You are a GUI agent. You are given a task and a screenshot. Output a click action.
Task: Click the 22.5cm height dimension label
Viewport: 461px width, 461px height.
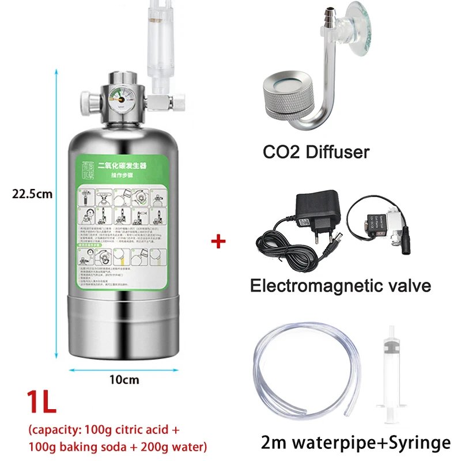point(32,194)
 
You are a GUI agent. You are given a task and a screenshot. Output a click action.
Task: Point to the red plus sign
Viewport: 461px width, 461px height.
point(218,240)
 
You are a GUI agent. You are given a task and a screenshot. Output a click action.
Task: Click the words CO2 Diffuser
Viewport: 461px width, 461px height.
point(316,152)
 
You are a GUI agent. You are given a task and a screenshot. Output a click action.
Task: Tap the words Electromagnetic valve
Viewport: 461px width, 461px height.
point(341,285)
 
